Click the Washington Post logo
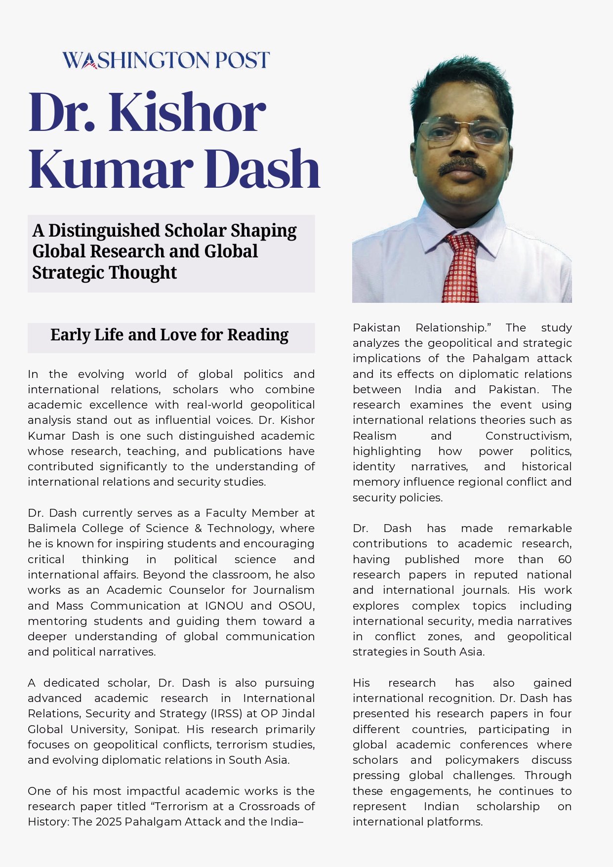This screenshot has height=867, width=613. click(x=166, y=60)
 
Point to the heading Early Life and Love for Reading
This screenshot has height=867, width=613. click(x=169, y=335)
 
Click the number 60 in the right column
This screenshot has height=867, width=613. click(x=565, y=559)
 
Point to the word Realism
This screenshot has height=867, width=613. click(x=374, y=436)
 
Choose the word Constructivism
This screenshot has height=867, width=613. click(x=528, y=436)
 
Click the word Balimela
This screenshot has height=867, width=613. click(x=52, y=528)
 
